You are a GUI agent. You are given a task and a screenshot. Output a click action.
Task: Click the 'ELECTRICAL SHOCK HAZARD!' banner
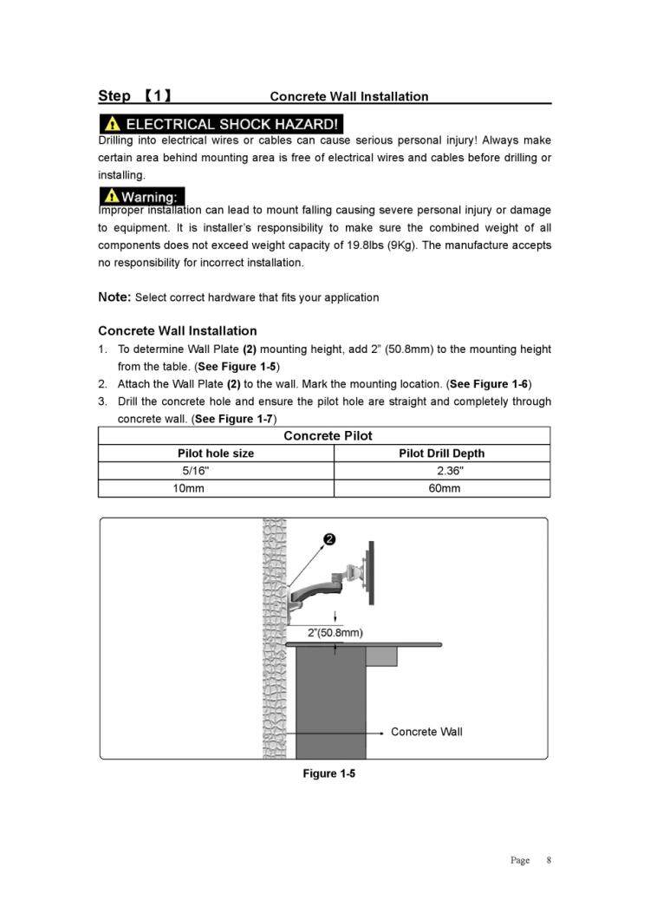220,124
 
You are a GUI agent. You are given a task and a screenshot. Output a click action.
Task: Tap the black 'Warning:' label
141,197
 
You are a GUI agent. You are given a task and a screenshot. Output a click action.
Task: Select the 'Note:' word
114,297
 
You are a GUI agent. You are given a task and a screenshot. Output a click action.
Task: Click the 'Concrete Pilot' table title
328,435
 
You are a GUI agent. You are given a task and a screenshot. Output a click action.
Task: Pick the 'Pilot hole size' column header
216,453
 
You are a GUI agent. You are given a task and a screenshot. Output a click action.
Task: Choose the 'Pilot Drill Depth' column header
441,453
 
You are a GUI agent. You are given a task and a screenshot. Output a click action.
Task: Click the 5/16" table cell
195,471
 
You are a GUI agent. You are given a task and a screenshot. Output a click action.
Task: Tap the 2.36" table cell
450,471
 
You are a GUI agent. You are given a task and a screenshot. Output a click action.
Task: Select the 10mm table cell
188,488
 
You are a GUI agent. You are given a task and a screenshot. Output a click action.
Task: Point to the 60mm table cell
445,488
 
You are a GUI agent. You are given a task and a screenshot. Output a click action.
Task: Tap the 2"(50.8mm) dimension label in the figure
335,632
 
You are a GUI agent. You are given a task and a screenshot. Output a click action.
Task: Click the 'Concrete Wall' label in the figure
426,732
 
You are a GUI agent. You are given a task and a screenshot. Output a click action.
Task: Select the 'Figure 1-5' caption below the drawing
328,773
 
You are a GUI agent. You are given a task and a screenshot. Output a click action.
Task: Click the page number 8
548,860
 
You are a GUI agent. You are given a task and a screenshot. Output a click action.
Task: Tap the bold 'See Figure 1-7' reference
234,419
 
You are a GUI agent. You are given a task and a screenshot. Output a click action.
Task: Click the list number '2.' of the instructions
102,383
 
